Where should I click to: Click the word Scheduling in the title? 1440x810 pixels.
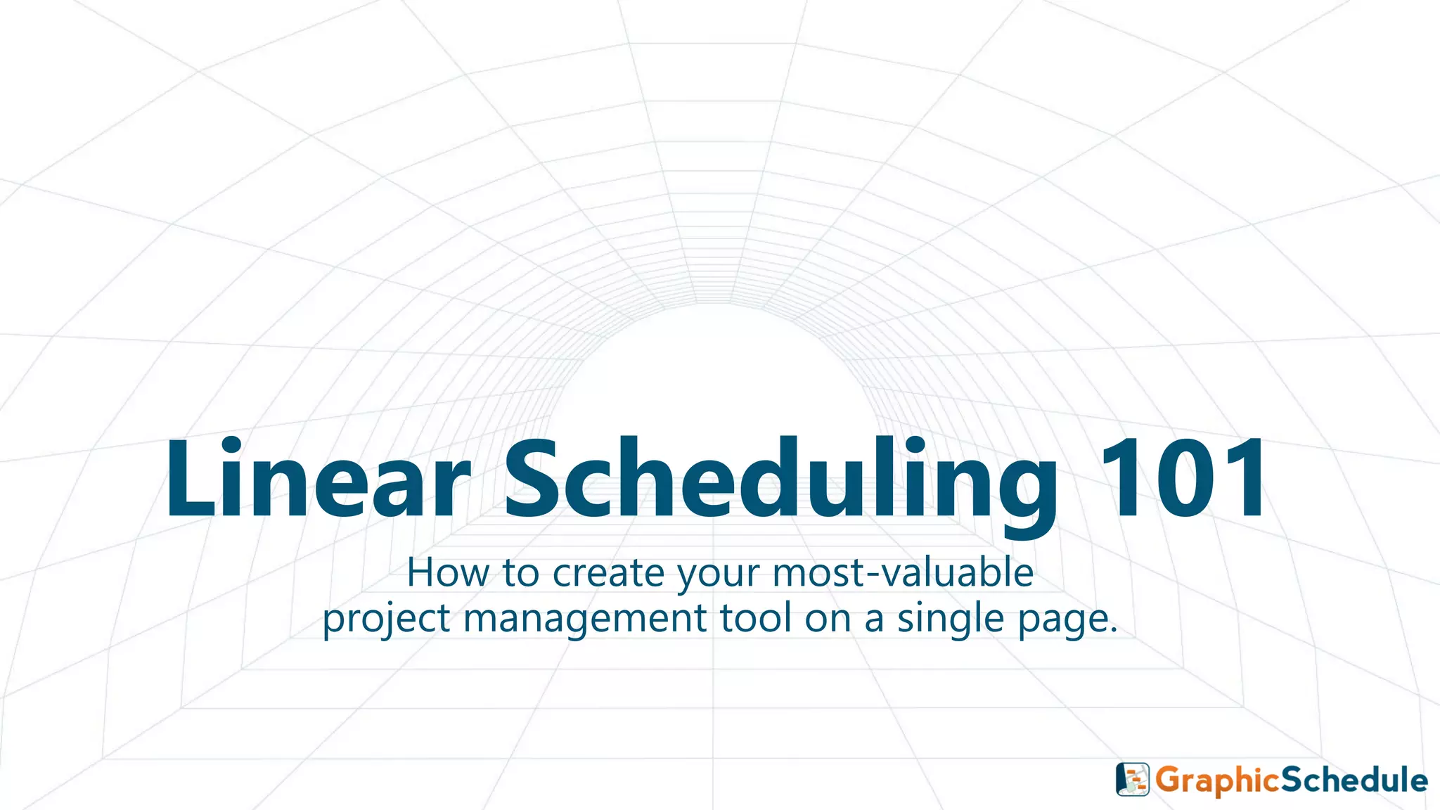780,480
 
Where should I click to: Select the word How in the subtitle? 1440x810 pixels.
447,572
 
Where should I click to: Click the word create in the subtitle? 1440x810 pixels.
607,574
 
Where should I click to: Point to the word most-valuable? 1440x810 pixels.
903,572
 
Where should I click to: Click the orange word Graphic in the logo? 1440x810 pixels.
1216,780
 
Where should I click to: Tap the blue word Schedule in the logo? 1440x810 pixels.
1354,780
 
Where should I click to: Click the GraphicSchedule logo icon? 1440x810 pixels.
1133,779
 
